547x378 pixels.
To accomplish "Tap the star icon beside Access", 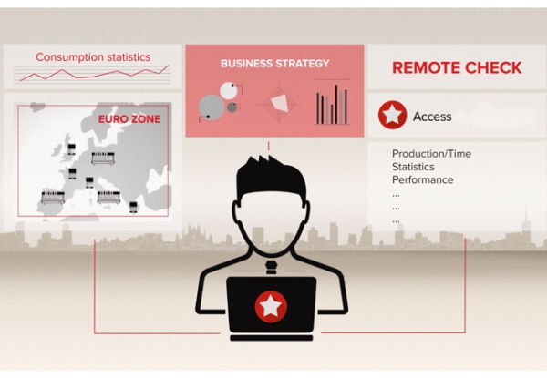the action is [x=392, y=115].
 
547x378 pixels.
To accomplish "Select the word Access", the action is [x=432, y=117].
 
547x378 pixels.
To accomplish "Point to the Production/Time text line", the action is [x=431, y=154].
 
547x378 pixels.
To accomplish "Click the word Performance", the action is [x=423, y=179].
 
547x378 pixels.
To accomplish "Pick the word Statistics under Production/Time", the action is [x=413, y=167].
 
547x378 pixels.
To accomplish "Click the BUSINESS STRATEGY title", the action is [x=275, y=64].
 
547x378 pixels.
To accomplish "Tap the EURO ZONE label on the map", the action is [x=129, y=119].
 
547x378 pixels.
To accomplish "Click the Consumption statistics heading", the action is [x=93, y=57].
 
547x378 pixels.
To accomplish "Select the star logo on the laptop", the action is [x=271, y=306].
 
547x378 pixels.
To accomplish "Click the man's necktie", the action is [x=271, y=267].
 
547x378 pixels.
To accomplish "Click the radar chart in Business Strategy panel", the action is [x=280, y=104].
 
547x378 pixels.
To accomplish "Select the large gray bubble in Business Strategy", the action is [x=212, y=107].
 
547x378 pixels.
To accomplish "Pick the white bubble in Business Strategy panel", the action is [x=229, y=90].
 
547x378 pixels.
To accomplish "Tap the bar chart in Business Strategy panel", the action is [x=332, y=104].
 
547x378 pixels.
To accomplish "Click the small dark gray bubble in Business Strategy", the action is [x=232, y=107].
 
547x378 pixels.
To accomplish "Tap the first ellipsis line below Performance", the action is [x=396, y=196].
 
